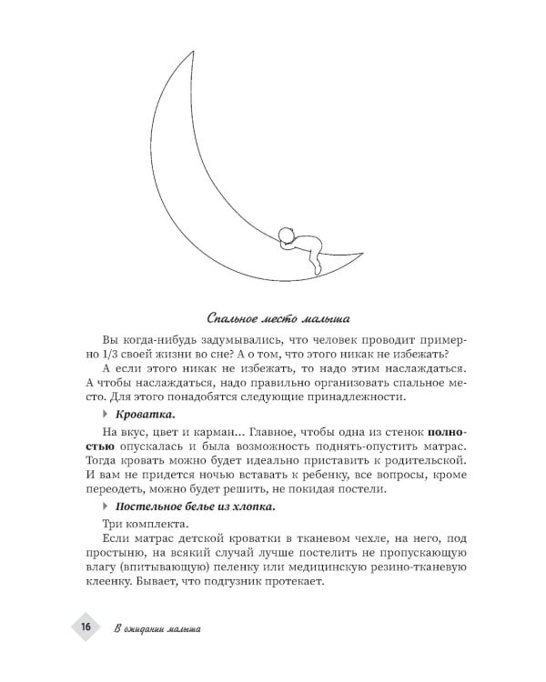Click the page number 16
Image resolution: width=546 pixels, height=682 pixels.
(84, 628)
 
